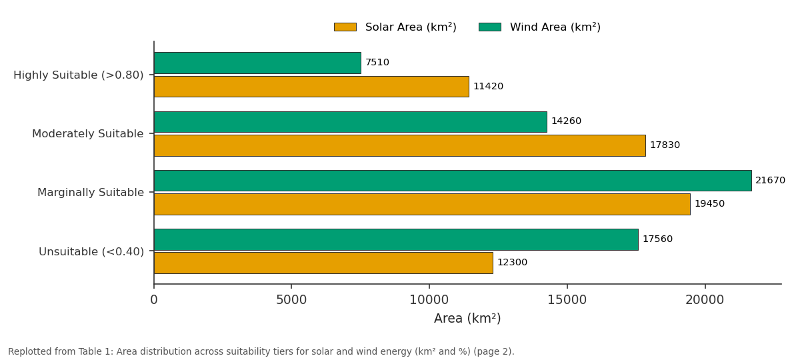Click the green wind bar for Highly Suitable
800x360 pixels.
pyautogui.click(x=257, y=63)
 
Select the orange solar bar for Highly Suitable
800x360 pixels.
pyautogui.click(x=311, y=87)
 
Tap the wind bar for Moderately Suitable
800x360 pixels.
pyautogui.click(x=351, y=122)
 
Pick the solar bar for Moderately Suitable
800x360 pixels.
pyautogui.click(x=399, y=145)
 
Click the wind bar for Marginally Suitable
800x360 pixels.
pyautogui.click(x=453, y=181)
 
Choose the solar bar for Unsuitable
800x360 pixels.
pyautogui.click(x=323, y=263)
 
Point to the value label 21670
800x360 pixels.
pyautogui.click(x=771, y=181)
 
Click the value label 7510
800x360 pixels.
pyautogui.click(x=377, y=63)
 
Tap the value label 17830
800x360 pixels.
pyautogui.click(x=665, y=145)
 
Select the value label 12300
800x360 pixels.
pyautogui.click(x=512, y=263)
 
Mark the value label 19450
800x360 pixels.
pyautogui.click(x=709, y=203)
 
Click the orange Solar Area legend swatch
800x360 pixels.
pyautogui.click(x=345, y=27)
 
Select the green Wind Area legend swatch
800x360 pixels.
pyautogui.click(x=489, y=27)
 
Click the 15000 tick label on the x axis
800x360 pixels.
pyautogui.click(x=567, y=300)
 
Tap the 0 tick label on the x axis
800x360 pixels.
pyautogui.click(x=154, y=300)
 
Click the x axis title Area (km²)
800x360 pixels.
pyautogui.click(x=467, y=318)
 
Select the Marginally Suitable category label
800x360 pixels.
pyautogui.click(x=91, y=193)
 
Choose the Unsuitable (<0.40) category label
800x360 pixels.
pyautogui.click(x=91, y=252)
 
